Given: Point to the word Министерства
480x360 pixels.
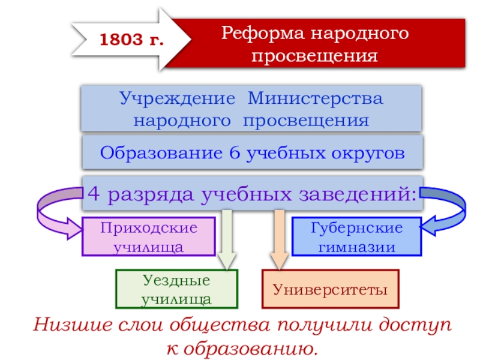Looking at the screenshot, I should coord(316,98).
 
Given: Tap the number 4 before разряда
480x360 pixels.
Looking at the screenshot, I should coord(95,194).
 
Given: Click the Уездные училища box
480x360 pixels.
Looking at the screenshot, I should coord(176,289).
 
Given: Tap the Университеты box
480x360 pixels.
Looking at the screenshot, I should coord(331,290).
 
